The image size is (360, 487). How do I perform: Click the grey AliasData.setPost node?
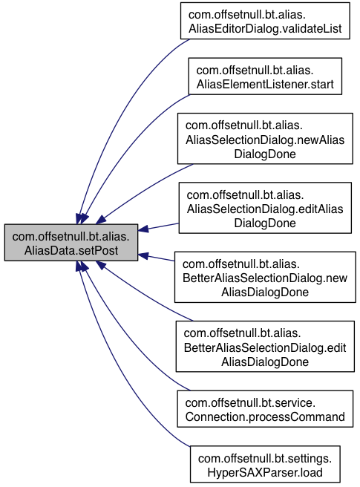click(x=71, y=242)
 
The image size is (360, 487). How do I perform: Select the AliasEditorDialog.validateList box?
click(x=265, y=21)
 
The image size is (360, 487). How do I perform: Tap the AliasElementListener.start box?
click(x=265, y=76)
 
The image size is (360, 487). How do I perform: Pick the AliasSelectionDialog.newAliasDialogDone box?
click(x=265, y=139)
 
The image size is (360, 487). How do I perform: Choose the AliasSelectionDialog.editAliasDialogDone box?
click(x=265, y=208)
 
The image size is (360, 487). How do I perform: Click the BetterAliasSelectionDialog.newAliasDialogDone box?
click(x=265, y=277)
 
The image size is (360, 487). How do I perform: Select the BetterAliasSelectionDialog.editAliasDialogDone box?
click(x=265, y=346)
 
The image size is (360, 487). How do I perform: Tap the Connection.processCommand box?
click(x=265, y=409)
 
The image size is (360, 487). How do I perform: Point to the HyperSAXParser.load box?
click(x=265, y=464)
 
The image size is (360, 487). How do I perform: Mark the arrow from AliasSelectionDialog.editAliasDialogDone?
click(x=158, y=227)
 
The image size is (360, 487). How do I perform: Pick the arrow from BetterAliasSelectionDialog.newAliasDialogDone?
click(x=156, y=258)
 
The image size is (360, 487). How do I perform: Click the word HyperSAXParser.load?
click(x=265, y=472)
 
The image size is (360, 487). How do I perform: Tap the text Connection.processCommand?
click(x=265, y=416)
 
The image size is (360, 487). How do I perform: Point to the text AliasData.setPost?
click(x=71, y=250)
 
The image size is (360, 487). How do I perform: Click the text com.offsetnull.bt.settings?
click(x=265, y=459)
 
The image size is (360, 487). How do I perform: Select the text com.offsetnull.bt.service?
click(x=250, y=403)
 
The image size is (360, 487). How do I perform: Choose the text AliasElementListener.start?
click(x=265, y=84)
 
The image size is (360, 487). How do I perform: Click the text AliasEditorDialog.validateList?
click(x=265, y=28)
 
